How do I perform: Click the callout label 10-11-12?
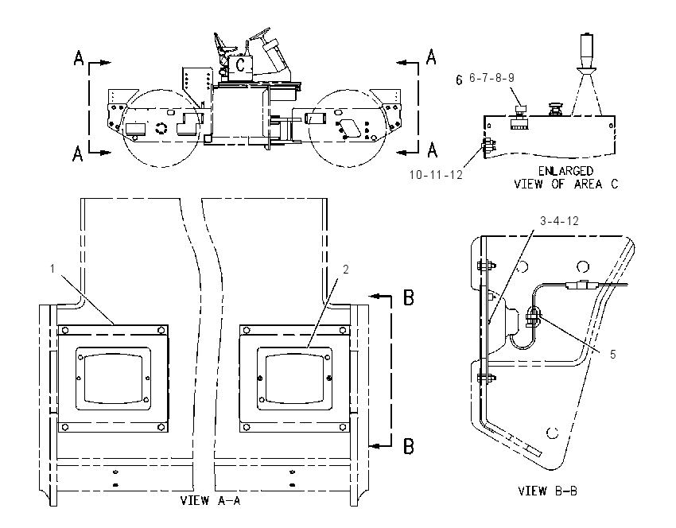click(436, 175)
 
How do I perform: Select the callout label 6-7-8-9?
click(491, 78)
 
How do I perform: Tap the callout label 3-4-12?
click(559, 221)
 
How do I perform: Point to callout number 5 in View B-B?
click(612, 355)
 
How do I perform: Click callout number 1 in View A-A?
click(52, 269)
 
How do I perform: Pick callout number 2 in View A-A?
click(345, 270)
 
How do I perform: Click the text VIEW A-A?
click(210, 500)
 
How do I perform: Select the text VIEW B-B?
click(547, 491)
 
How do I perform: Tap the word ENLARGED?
click(565, 171)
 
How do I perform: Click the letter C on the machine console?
click(240, 64)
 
